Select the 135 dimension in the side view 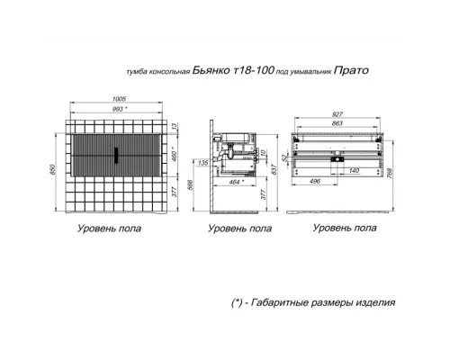(x=205, y=163)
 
